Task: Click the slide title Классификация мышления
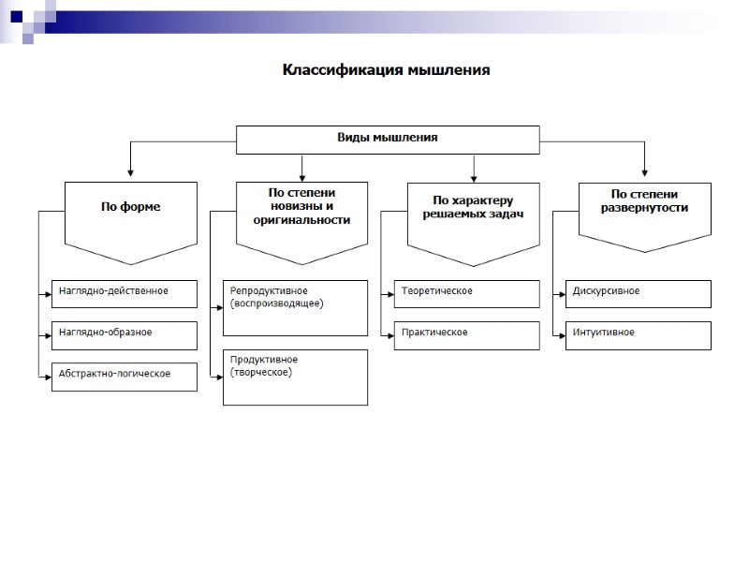coord(387,70)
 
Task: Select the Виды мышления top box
coord(387,139)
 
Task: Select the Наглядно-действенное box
coord(125,292)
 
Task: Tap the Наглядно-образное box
coord(125,333)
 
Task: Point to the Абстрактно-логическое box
coord(125,375)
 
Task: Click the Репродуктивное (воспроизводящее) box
coord(295,307)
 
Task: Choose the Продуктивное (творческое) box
coord(295,377)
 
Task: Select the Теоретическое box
coord(466,292)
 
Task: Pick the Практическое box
coord(466,333)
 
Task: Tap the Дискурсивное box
coord(639,292)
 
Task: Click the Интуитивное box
coord(639,333)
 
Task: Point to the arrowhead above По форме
coord(130,173)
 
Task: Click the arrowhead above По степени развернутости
coord(644,173)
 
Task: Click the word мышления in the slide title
coord(449,70)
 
